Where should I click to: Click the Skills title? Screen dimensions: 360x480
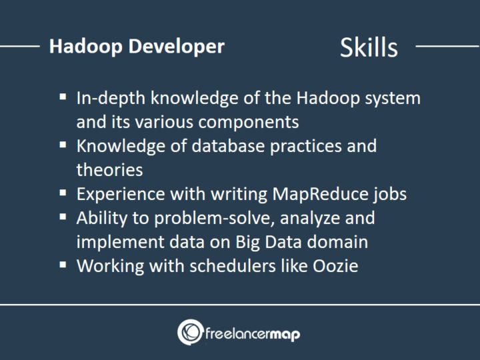[x=369, y=47]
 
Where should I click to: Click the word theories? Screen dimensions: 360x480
[x=109, y=170]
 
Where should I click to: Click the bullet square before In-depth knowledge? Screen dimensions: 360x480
[x=63, y=97]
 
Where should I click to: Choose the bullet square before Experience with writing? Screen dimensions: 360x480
[x=63, y=192]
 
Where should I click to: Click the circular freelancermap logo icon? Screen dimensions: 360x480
[x=190, y=332]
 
